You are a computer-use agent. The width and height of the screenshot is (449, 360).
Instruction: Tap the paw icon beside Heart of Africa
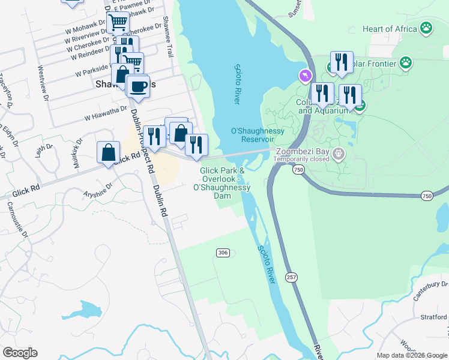pos(426,28)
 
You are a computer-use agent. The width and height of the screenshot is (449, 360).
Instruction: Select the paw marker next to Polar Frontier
pos(406,62)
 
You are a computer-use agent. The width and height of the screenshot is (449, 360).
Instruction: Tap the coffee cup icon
pos(138,85)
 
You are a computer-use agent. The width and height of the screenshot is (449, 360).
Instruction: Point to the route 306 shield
pos(223,253)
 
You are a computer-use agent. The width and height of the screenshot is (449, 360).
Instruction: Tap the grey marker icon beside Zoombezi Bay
pos(339,154)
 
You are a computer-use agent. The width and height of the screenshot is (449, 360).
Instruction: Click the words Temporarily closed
pos(302,160)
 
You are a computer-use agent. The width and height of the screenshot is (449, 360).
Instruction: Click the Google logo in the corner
pos(20,353)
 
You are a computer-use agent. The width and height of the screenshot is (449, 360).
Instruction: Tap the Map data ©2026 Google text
pos(411,355)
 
